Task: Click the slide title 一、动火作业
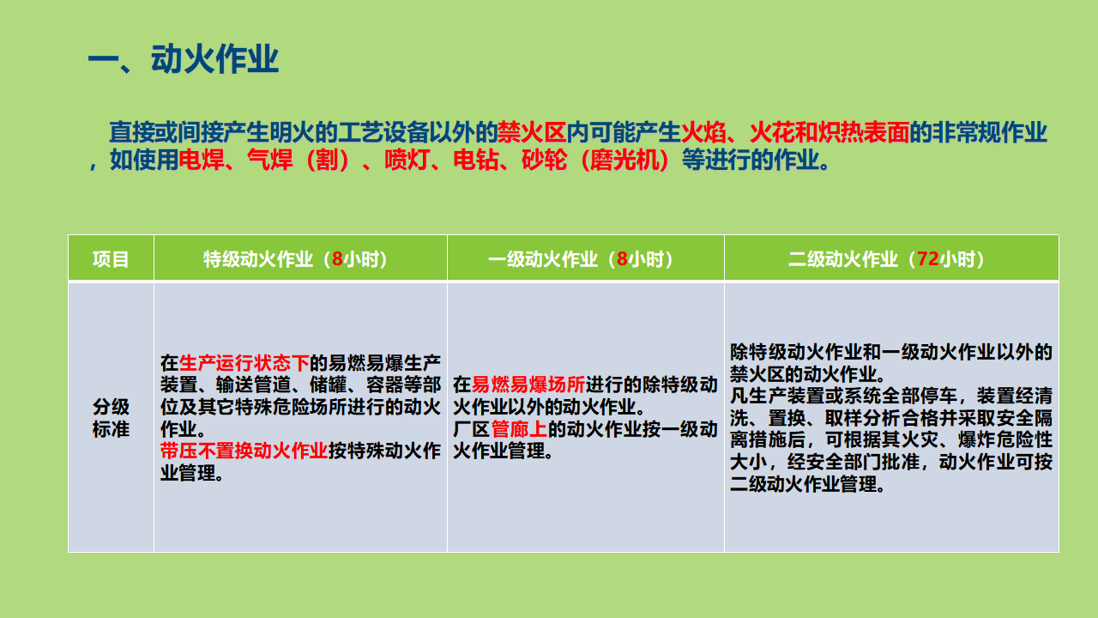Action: point(184,59)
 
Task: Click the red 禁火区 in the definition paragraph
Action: point(532,132)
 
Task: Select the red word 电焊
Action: point(201,160)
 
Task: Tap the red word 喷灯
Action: point(407,160)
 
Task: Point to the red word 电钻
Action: point(475,160)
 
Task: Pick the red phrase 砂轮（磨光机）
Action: point(595,160)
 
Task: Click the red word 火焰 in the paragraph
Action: point(703,132)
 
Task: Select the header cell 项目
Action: point(111,259)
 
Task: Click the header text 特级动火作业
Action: point(258,259)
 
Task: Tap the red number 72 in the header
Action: point(928,259)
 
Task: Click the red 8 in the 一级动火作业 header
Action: point(622,259)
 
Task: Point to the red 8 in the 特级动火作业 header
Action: point(337,259)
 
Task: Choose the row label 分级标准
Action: point(111,418)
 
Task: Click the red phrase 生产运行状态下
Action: point(244,363)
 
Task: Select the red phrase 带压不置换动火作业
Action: point(244,451)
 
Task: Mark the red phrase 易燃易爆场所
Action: point(528,385)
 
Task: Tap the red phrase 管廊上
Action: point(519,429)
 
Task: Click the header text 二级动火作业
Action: point(843,259)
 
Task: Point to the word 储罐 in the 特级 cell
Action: point(328,385)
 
